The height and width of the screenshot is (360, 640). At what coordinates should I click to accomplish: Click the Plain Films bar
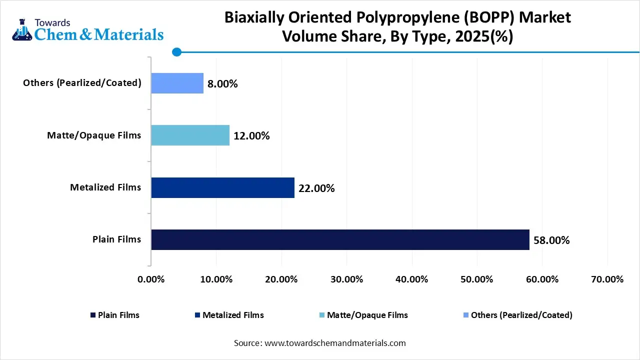[340, 239]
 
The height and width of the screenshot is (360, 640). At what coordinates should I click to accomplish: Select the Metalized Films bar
[222, 187]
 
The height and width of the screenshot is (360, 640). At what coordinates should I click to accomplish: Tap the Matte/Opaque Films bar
[190, 135]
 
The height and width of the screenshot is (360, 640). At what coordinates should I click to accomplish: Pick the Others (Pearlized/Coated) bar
[177, 83]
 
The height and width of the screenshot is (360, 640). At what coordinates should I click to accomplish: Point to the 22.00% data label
[316, 188]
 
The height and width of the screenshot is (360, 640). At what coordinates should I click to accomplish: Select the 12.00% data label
[251, 136]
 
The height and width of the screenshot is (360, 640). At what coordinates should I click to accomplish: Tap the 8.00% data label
[222, 84]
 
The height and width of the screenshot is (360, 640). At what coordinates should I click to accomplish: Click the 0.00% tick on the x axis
[151, 279]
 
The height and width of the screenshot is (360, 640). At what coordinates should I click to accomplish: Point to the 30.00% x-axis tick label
[346, 279]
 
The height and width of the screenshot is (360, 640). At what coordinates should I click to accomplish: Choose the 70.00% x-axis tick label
[607, 279]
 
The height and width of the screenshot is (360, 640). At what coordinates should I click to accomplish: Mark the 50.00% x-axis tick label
[477, 279]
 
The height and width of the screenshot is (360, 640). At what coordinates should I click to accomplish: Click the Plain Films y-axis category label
[116, 239]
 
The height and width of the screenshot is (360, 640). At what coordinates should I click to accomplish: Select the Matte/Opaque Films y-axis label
[94, 135]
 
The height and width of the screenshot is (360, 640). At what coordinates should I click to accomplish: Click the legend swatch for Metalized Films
[197, 315]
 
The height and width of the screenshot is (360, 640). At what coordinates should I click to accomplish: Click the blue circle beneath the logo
[176, 51]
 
